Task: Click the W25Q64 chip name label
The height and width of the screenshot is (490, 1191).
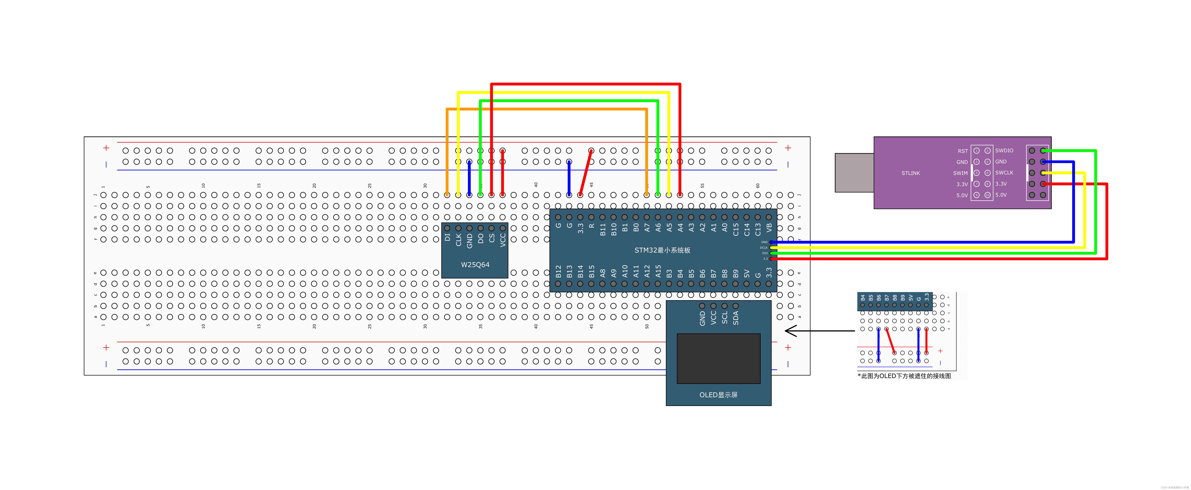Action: click(x=475, y=265)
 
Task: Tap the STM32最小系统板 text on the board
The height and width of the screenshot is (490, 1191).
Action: click(x=662, y=250)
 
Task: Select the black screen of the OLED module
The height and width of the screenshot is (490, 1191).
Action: click(x=718, y=359)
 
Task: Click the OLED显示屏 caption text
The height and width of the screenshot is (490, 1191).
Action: click(x=718, y=395)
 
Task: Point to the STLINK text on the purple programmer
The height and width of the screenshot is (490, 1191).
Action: click(x=910, y=173)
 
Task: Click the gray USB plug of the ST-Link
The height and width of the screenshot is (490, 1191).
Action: click(x=854, y=173)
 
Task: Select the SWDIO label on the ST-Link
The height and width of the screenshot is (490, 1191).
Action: click(x=1004, y=150)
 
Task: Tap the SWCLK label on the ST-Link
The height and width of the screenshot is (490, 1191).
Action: click(x=1004, y=173)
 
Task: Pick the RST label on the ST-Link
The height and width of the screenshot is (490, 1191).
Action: click(x=963, y=151)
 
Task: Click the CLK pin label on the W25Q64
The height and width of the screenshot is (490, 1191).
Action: click(x=458, y=239)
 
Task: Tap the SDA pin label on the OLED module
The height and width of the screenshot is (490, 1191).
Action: click(x=736, y=317)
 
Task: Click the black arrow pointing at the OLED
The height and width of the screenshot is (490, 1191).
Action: click(x=818, y=331)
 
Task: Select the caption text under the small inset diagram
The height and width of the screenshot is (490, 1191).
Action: click(x=904, y=376)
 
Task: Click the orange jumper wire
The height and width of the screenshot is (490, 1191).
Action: click(x=546, y=109)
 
